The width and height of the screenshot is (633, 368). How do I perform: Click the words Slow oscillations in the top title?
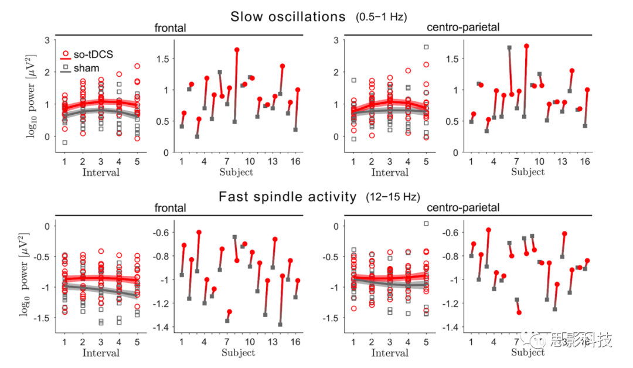coord(288,17)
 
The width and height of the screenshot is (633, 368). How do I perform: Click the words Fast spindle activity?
coord(288,197)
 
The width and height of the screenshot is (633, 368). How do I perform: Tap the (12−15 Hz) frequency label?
coord(393,197)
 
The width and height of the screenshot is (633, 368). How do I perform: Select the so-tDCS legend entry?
coord(93,54)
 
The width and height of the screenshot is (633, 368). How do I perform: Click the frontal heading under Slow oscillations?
coord(171,28)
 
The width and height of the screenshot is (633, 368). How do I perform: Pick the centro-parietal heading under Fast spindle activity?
coord(464,207)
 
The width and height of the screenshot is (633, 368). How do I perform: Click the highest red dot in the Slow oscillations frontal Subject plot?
coord(237,50)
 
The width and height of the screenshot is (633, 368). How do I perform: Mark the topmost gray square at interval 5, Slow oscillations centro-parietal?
coord(426,47)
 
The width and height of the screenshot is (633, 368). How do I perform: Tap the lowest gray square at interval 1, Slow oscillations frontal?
coord(64,142)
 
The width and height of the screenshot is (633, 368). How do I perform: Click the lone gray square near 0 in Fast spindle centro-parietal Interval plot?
coord(426,223)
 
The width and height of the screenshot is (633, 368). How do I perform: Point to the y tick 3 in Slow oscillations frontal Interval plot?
coord(46,40)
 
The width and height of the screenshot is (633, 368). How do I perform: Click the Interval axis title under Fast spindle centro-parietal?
coord(390,353)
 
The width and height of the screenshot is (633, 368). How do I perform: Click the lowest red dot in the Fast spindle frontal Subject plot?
coord(229,312)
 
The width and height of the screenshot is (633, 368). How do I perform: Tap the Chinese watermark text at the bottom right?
coord(580,340)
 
